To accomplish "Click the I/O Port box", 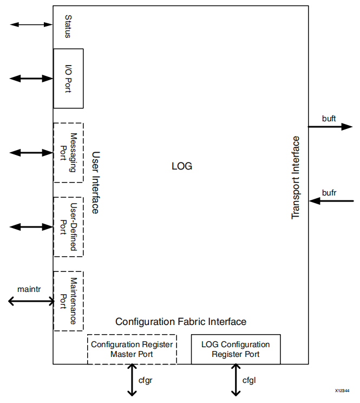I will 68,79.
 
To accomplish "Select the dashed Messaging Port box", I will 68,153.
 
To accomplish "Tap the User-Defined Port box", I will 68,226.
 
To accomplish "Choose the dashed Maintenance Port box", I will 68,301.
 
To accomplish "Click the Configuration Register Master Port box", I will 132,349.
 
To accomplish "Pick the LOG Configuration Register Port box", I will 235,349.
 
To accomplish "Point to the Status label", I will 68,27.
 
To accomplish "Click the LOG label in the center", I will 181,166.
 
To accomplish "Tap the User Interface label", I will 95,183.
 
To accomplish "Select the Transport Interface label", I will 296,178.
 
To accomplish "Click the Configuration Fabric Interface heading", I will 181,322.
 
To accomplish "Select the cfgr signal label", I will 145,380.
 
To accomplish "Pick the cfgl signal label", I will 248,380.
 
